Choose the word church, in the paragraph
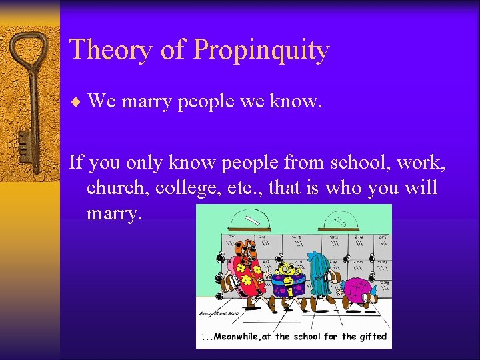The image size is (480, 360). [117, 188]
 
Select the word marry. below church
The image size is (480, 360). [115, 214]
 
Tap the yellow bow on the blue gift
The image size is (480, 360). [289, 270]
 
